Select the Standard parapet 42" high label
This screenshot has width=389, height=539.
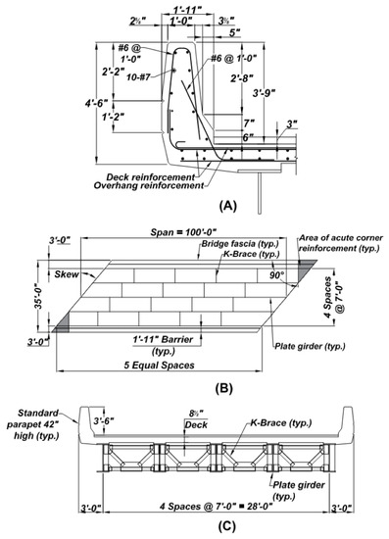tap(37, 420)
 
